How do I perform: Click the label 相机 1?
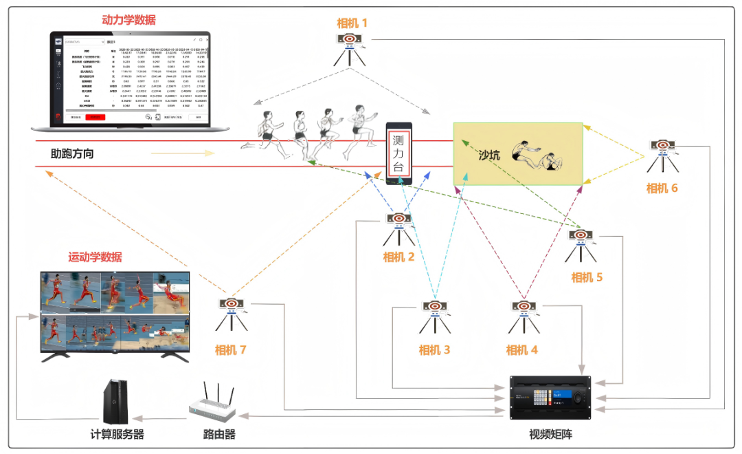coord(352,23)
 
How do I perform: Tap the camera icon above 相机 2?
coord(398,227)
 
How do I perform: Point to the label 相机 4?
coord(521,350)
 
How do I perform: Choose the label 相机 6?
coord(662,188)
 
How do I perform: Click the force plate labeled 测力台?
coord(398,153)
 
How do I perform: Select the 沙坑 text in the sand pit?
coord(489,155)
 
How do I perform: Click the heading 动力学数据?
coord(128,20)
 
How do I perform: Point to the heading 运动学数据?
coord(95,258)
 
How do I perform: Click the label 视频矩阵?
coord(550,435)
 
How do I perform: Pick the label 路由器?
coord(219,435)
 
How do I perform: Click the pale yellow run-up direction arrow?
coord(177,153)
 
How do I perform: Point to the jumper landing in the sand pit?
coord(539,157)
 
